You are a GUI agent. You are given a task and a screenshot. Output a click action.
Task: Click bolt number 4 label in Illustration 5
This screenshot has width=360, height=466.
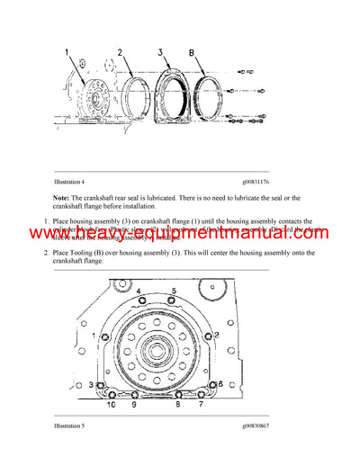[140, 290]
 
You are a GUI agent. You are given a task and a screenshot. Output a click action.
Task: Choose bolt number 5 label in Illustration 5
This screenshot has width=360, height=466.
[174, 290]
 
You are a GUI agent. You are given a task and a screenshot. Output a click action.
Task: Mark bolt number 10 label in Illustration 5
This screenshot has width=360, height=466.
[112, 406]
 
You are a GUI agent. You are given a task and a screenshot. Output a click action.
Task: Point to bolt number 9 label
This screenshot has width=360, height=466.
[134, 406]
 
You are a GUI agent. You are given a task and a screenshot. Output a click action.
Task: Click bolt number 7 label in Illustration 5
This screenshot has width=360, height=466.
[201, 406]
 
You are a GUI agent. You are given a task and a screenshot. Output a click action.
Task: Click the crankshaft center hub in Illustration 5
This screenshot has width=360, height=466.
[158, 350]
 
